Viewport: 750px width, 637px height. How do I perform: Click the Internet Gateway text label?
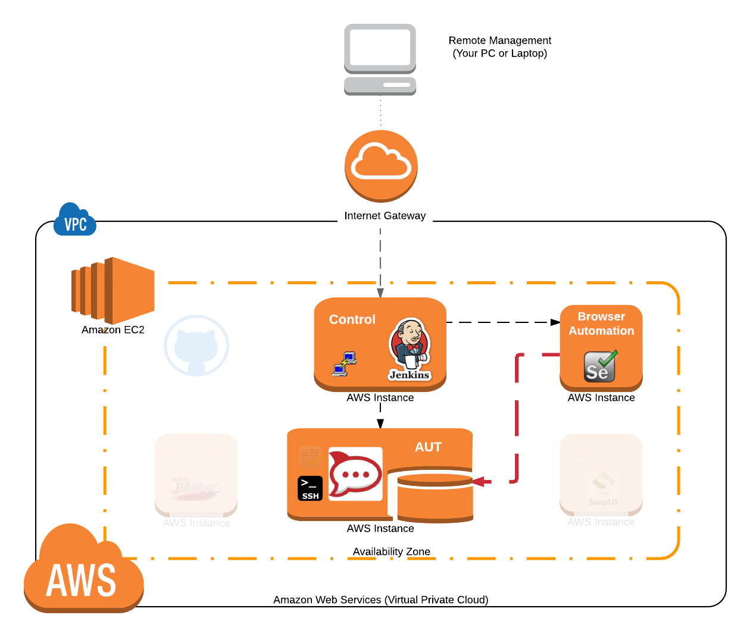tap(385, 216)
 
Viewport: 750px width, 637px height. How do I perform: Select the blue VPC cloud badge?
tap(75, 221)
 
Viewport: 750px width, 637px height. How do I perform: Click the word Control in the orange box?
tap(352, 319)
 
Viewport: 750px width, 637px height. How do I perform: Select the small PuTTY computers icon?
tap(344, 364)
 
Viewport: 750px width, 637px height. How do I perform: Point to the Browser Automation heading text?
tap(601, 324)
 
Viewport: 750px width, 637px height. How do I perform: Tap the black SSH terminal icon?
tap(310, 488)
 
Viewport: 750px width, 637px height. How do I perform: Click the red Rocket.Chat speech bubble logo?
tap(355, 474)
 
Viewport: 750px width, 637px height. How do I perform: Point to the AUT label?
tap(428, 447)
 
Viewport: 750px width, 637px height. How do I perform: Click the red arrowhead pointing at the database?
tap(481, 481)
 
